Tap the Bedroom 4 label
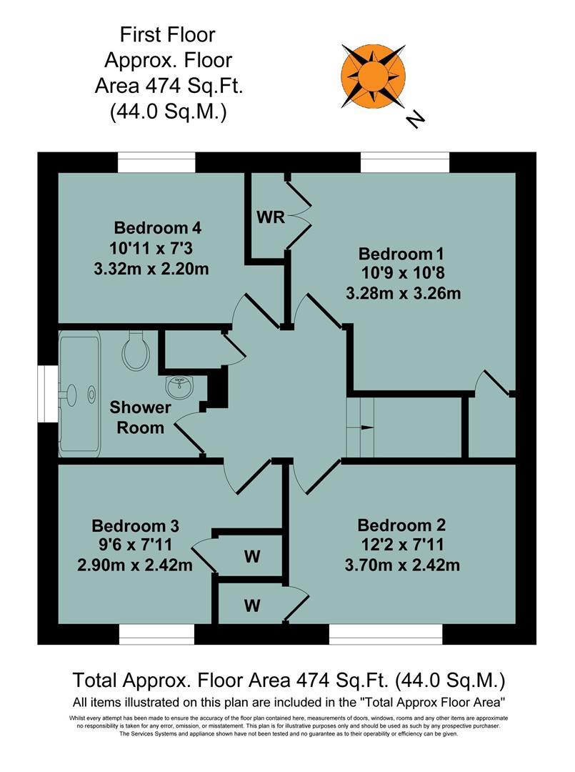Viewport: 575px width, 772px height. point(157,229)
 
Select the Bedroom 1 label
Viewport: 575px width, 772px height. point(406,254)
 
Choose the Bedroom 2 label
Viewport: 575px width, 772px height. point(406,526)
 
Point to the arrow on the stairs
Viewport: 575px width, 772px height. point(366,428)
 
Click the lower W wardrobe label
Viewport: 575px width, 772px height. point(251,605)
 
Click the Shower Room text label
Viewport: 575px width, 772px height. point(140,417)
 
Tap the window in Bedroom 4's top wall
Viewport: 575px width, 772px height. point(156,162)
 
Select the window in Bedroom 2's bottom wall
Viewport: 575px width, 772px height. point(385,634)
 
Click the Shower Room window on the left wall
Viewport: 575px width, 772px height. point(48,395)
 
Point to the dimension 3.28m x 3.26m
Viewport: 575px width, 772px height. point(404,293)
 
